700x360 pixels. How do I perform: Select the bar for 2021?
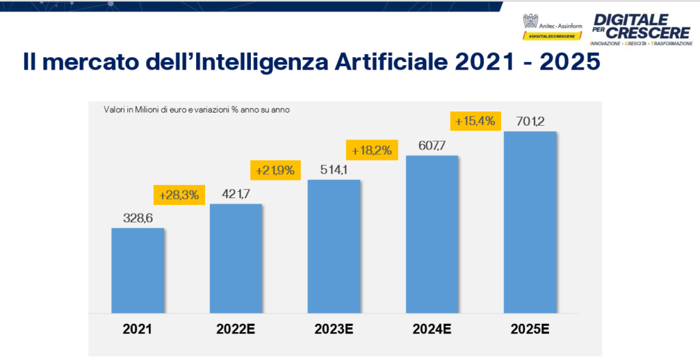click(x=137, y=270)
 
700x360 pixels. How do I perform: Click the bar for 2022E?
click(x=236, y=258)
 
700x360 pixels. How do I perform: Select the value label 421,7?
click(x=236, y=193)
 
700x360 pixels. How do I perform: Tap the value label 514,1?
click(x=334, y=169)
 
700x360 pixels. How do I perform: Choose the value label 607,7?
click(x=432, y=145)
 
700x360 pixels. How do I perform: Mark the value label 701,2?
click(x=530, y=121)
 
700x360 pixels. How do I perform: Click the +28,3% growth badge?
click(x=178, y=195)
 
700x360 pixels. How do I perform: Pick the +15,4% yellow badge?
click(x=472, y=121)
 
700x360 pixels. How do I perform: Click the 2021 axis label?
click(x=137, y=329)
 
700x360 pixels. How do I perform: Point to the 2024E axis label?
click(x=432, y=329)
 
